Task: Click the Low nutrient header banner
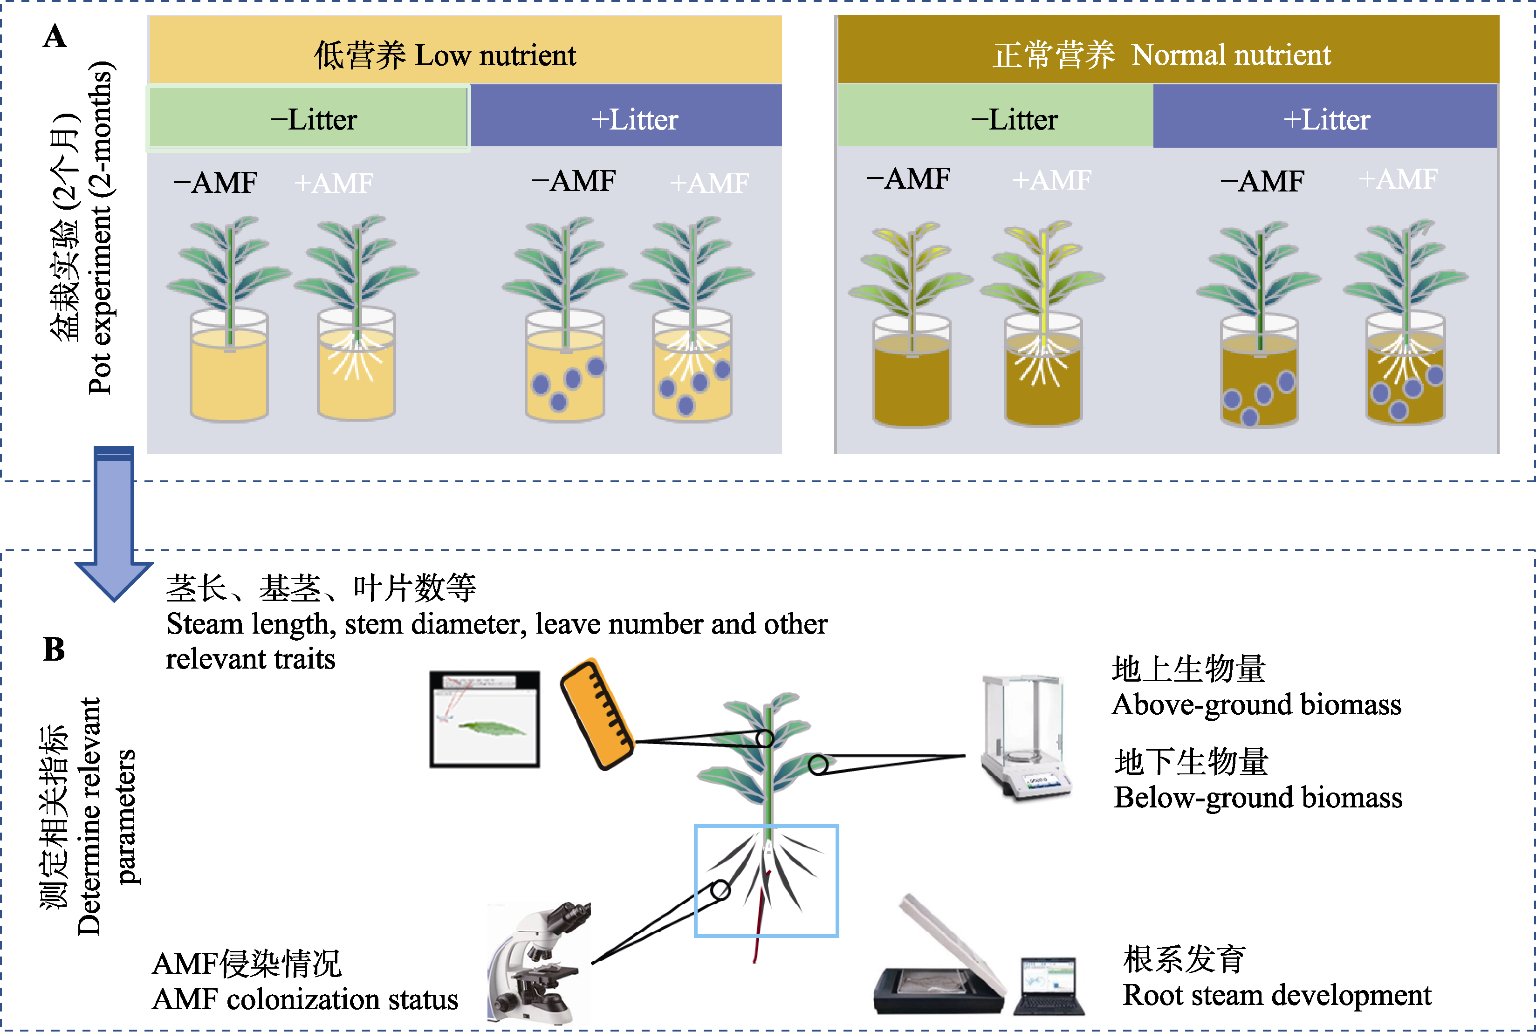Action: (465, 50)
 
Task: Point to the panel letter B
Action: (54, 649)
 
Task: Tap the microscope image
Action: (539, 962)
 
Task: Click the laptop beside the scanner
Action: (1049, 985)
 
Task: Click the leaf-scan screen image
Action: (485, 719)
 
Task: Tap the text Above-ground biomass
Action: (1256, 704)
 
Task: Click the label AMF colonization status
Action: (305, 999)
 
